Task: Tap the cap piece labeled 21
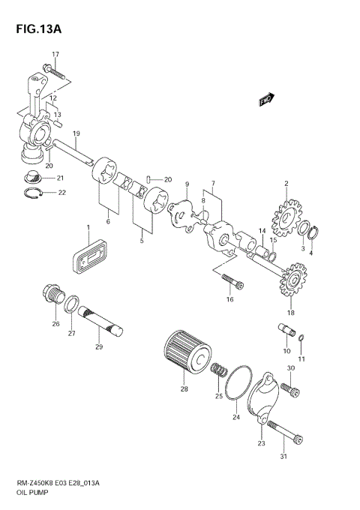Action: coord(32,178)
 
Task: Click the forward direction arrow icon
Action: coord(265,98)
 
